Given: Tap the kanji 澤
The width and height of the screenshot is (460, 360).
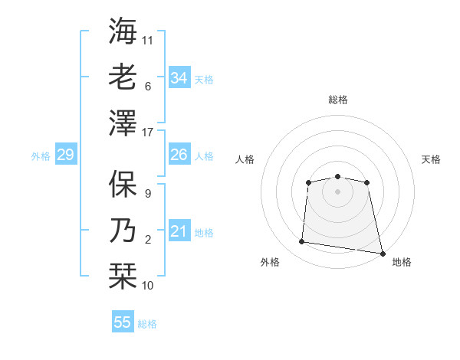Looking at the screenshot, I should [123, 122].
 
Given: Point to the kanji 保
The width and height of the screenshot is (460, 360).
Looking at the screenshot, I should [123, 185].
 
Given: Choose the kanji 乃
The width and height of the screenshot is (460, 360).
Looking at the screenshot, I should [123, 231].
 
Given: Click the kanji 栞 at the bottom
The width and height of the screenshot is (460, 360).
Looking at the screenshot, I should [123, 277].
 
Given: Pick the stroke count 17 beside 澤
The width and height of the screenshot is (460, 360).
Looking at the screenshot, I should [149, 133].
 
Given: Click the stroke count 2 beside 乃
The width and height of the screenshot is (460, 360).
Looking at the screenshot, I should [148, 241].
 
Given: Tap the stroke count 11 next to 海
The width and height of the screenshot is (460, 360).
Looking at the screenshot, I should [148, 40].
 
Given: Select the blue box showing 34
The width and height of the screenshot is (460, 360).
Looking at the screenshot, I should [179, 77].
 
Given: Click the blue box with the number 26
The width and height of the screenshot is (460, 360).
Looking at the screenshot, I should [179, 155].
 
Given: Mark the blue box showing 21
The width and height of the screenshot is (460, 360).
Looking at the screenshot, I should [179, 231].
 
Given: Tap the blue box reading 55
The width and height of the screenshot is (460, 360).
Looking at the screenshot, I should [123, 322].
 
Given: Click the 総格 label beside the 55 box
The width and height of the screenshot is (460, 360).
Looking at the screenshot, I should [147, 324].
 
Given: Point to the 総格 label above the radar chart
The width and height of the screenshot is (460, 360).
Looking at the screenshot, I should [337, 100].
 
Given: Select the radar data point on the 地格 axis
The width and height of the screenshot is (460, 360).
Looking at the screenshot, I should [382, 253].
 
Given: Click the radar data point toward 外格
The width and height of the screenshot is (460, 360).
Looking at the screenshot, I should [302, 242].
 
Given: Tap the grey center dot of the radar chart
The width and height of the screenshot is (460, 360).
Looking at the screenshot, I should [337, 191].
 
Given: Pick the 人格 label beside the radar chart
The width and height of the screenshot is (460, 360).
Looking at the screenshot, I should [245, 160].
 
